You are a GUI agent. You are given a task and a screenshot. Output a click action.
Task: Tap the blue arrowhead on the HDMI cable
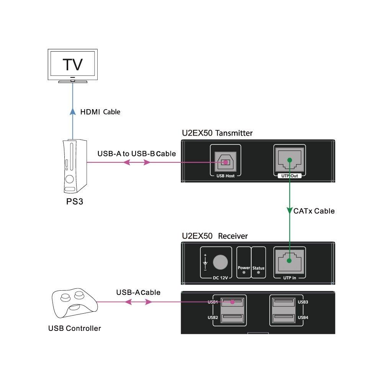pyautogui.click(x=72, y=111)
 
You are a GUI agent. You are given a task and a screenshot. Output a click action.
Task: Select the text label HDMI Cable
pyautogui.click(x=100, y=112)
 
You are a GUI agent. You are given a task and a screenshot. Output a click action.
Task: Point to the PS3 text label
pyautogui.click(x=75, y=201)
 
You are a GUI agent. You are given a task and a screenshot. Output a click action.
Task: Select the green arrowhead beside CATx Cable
pyautogui.click(x=289, y=211)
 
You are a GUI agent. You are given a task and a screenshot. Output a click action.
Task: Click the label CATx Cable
pyautogui.click(x=314, y=211)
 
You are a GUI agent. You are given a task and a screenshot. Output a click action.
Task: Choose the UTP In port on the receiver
pyautogui.click(x=289, y=261)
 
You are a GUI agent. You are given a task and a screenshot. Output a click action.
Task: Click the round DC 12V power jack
pyautogui.click(x=220, y=262)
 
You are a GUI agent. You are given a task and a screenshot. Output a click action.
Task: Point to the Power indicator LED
pyautogui.click(x=244, y=273)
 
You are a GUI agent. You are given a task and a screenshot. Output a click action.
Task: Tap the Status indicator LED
pyautogui.click(x=258, y=273)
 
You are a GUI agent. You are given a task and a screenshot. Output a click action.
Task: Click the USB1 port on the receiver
pyautogui.click(x=232, y=302)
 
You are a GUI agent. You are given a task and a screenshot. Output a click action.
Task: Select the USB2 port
pyautogui.click(x=232, y=317)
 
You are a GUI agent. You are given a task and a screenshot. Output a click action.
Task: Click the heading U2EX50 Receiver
pyautogui.click(x=214, y=236)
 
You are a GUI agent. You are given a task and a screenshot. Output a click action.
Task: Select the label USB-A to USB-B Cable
pyautogui.click(x=136, y=154)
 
